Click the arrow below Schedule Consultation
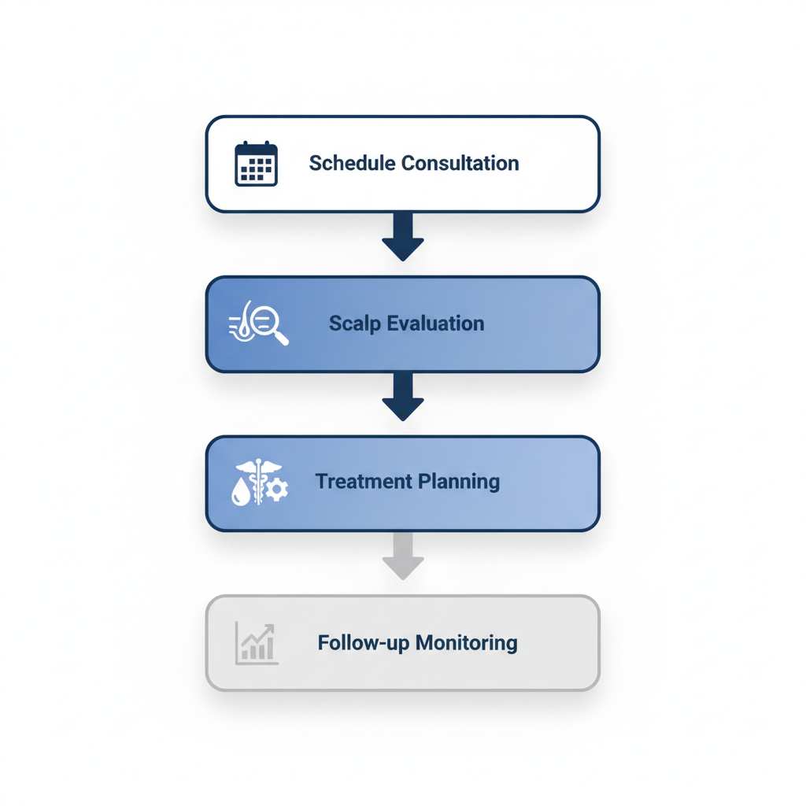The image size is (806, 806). [x=403, y=236]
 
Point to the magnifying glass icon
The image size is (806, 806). [x=268, y=323]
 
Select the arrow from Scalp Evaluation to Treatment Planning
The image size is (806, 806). [x=403, y=396]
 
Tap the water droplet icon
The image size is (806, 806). [x=241, y=493]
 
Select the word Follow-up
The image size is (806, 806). [x=364, y=643]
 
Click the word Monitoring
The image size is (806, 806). [x=467, y=643]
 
